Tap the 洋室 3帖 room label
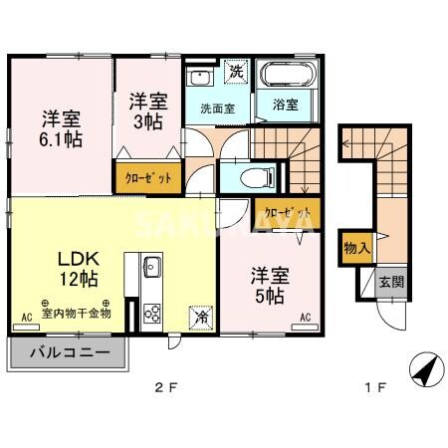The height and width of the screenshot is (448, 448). pos(146,111)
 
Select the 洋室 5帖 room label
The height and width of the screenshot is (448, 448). pos(268,284)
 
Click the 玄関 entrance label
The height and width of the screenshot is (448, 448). pos(392,282)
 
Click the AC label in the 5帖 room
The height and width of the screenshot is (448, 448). pos(307,318)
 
